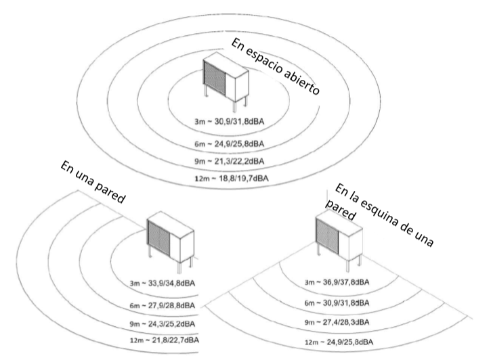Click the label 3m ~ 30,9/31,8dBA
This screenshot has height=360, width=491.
click(229, 121)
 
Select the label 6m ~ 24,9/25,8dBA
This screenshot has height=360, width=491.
click(229, 144)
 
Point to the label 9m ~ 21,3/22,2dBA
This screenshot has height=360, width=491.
click(229, 161)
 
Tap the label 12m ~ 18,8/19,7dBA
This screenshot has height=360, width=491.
click(232, 178)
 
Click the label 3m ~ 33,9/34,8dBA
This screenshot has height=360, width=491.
click(163, 284)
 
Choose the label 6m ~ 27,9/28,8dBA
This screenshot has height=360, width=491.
click(163, 305)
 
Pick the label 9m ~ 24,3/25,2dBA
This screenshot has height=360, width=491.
click(163, 323)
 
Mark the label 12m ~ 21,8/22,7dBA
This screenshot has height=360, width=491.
click(165, 340)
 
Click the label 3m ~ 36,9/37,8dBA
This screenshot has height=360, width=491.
click(337, 282)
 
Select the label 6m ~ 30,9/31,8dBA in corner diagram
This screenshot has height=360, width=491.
click(337, 302)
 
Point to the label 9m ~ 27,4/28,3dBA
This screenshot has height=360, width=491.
click(337, 322)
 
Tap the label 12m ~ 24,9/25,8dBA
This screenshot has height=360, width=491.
click(339, 342)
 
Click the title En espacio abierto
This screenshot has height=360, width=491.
click(276, 66)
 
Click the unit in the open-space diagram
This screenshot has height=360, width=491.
click(226, 81)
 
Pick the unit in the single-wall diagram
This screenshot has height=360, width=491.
click(171, 242)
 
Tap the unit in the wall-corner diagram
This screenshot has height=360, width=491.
click(339, 240)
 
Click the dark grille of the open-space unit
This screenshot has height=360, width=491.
click(215, 78)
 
